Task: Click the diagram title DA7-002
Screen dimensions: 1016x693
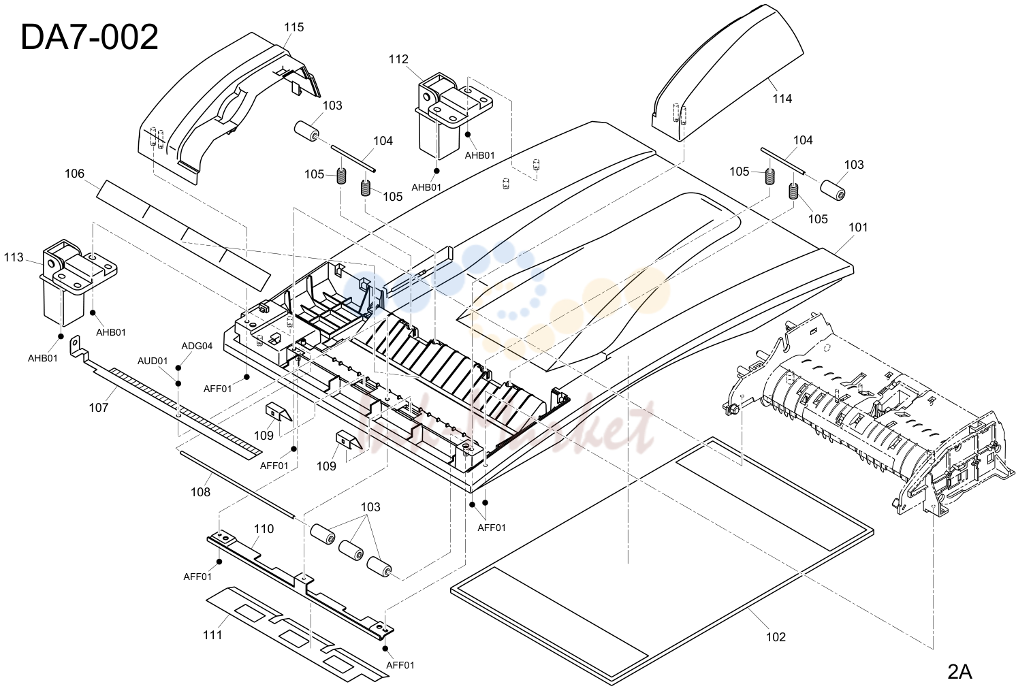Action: click(89, 37)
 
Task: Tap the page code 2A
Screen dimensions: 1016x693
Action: click(959, 672)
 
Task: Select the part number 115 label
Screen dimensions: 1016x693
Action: click(294, 27)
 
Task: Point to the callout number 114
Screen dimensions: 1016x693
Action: click(782, 99)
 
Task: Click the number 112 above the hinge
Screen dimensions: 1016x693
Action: click(398, 59)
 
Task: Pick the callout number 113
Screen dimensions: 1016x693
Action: click(14, 257)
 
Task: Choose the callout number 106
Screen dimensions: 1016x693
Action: click(74, 173)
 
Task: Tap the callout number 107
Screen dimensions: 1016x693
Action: click(99, 407)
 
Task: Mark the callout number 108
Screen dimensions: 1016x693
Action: click(200, 491)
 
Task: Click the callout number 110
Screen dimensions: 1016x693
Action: click(264, 528)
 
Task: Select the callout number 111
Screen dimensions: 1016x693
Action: click(212, 634)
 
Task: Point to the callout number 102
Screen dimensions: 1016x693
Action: click(776, 636)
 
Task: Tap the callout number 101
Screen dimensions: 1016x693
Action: click(858, 227)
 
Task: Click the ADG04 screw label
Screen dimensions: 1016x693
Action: click(197, 346)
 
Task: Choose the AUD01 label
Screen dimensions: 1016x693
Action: click(153, 361)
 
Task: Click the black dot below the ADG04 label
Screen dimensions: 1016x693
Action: click(178, 368)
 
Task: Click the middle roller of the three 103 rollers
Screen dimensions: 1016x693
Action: click(351, 550)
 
